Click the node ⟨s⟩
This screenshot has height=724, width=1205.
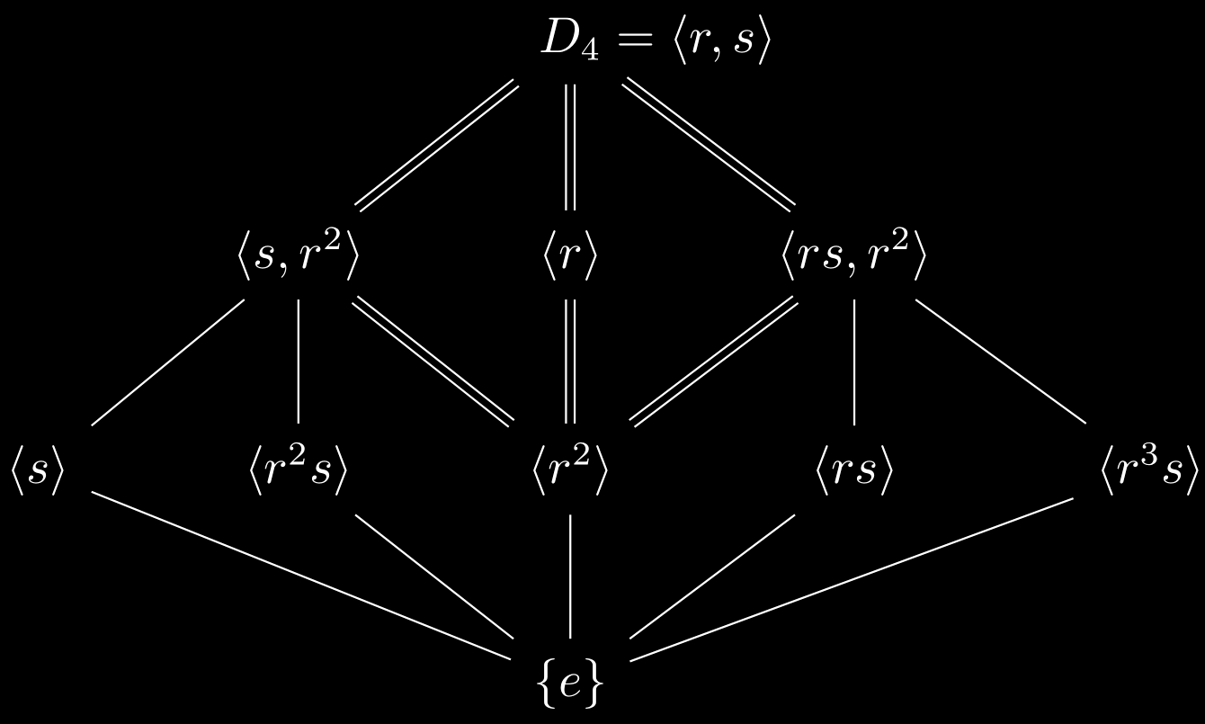(37, 472)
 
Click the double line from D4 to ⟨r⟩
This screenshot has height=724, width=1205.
(568, 146)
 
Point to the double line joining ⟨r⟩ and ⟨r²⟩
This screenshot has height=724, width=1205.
(568, 360)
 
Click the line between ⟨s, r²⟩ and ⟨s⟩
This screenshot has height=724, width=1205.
(168, 361)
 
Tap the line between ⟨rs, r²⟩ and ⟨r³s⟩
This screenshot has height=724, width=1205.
(1000, 361)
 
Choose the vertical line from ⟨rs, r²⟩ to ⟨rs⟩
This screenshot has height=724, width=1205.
(853, 361)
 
